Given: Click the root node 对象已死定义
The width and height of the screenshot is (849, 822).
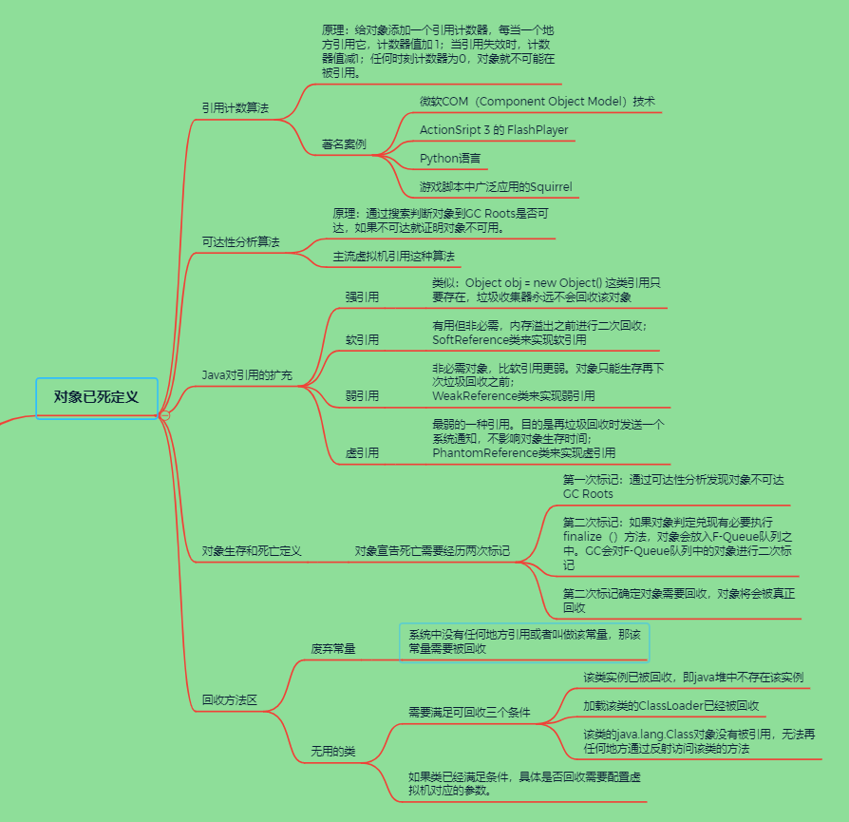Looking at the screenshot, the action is tap(96, 397).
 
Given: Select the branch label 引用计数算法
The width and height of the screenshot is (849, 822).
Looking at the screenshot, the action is tap(235, 108).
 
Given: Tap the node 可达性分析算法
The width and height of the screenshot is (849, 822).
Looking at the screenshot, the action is tap(240, 242).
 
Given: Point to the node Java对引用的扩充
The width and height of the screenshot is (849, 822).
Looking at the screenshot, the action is tap(246, 375).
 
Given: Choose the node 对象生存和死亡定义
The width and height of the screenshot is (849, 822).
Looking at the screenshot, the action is tap(251, 551).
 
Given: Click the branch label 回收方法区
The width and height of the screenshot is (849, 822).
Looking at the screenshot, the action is tap(229, 700).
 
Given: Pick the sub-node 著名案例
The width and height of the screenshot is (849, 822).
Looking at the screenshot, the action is tap(343, 145).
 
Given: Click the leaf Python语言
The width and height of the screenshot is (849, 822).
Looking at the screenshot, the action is tap(450, 159).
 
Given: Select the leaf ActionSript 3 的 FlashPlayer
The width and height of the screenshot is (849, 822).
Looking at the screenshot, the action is tap(494, 129).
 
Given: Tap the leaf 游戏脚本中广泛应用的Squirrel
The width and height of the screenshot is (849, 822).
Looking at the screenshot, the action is tap(496, 186).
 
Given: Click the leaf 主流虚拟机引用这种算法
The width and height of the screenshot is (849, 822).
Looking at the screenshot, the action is tap(393, 257).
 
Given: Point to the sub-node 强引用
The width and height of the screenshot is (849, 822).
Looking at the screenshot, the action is tap(362, 297).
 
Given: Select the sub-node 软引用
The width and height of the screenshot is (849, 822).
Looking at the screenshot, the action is tap(362, 339).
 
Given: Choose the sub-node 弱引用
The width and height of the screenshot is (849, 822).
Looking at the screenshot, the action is tap(362, 395).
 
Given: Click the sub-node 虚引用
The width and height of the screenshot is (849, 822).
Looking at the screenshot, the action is tap(362, 453).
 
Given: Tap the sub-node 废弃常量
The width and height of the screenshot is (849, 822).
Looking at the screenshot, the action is tap(333, 649).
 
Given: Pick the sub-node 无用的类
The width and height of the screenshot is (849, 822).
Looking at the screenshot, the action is tap(333, 752).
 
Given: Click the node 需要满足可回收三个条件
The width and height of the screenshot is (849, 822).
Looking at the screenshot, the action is tap(469, 712).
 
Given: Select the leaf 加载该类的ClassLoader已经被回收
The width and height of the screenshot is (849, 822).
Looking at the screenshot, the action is tap(670, 706).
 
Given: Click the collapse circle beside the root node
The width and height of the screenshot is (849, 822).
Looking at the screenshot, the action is tap(164, 415).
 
